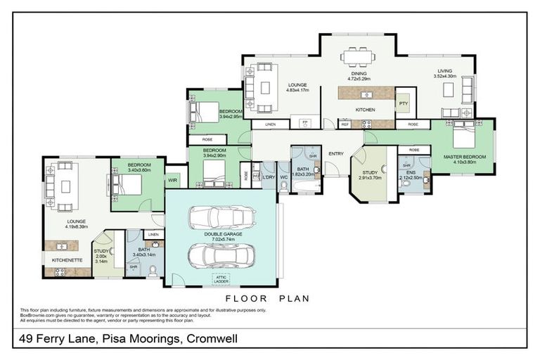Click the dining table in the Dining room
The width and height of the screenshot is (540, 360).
point(359,56)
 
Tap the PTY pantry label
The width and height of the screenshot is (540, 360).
point(403,103)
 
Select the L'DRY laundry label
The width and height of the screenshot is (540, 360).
point(269,176)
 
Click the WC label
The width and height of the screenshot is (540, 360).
point(284,176)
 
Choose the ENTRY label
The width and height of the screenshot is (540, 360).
point(335,153)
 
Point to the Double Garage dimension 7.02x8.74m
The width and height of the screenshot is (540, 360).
point(223,239)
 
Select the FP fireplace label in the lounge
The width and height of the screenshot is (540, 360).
point(305,123)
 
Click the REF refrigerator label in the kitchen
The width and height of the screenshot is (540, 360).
point(345,124)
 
